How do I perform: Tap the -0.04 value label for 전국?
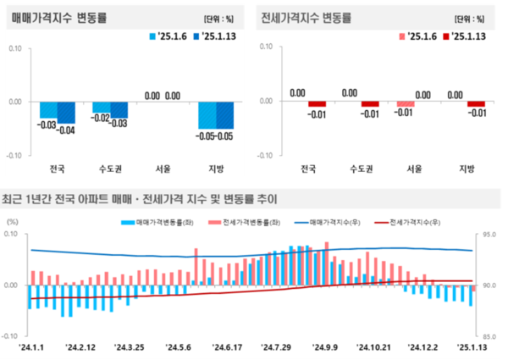click(x=65, y=130)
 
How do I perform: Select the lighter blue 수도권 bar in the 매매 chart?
click(x=101, y=108)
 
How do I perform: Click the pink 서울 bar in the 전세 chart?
click(x=406, y=104)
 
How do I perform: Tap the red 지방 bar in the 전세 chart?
click(x=477, y=104)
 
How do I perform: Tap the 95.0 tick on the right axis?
click(x=491, y=235)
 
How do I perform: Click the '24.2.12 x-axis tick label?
click(x=83, y=346)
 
